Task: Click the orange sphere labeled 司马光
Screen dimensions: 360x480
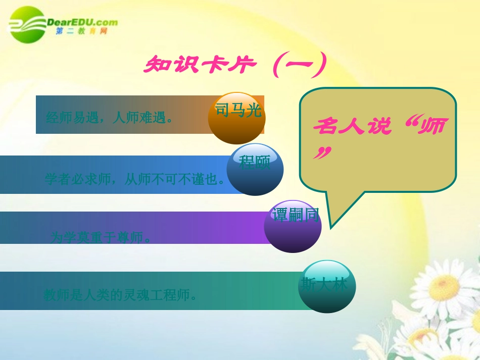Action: pyautogui.click(x=236, y=118)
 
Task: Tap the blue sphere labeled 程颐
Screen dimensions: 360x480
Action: pyautogui.click(x=255, y=170)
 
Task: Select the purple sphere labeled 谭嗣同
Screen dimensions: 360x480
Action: pyautogui.click(x=293, y=226)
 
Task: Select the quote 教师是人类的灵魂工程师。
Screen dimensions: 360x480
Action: pyautogui.click(x=120, y=295)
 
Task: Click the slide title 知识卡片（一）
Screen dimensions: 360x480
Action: pyautogui.click(x=234, y=66)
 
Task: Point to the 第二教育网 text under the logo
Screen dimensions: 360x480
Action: pyautogui.click(x=81, y=32)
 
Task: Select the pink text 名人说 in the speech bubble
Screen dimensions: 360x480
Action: pyautogui.click(x=352, y=126)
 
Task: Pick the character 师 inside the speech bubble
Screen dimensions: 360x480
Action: pyautogui.click(x=432, y=126)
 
